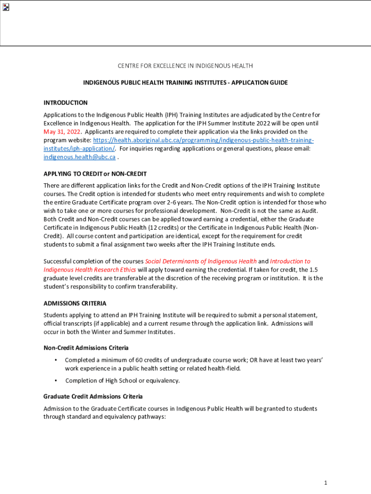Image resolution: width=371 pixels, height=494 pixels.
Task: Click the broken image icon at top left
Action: [6, 7]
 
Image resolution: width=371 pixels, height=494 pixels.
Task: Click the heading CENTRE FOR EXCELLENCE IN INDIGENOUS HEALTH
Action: [185, 66]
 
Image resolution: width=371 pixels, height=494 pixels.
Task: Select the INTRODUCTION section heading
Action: [66, 103]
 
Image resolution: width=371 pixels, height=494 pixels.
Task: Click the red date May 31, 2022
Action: [62, 132]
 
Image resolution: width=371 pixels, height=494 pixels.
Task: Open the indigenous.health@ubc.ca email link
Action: [79, 157]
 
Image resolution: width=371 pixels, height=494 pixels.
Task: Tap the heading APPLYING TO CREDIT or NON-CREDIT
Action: [95, 174]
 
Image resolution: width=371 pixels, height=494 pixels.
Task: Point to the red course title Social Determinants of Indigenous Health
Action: [201, 261]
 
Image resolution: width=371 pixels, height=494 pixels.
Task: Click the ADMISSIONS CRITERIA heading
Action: [75, 303]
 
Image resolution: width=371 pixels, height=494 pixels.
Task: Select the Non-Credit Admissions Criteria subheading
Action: [86, 348]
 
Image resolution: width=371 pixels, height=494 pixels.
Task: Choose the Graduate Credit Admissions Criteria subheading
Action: [93, 397]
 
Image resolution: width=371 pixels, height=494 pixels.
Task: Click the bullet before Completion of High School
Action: [56, 381]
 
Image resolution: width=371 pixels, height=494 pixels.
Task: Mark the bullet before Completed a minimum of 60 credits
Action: [56, 360]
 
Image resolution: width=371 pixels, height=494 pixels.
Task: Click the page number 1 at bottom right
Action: [326, 483]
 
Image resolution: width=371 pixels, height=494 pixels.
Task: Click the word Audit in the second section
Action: [316, 211]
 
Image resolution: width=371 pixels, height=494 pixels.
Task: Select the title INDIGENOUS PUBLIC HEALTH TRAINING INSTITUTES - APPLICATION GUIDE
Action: [185, 82]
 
